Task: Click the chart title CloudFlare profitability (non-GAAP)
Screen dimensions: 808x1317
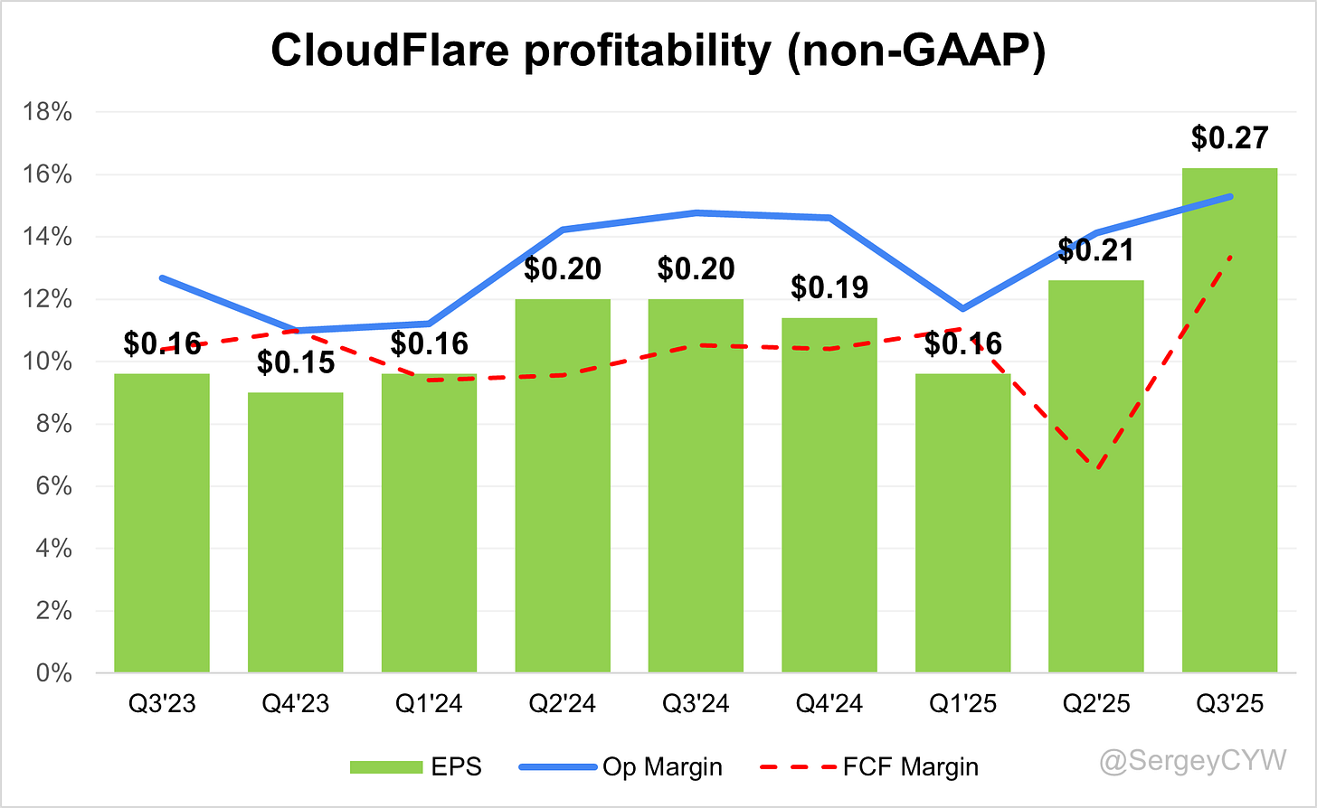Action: pyautogui.click(x=658, y=52)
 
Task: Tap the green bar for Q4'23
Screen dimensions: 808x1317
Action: pyautogui.click(x=295, y=532)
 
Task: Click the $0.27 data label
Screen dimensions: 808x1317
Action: pyautogui.click(x=1229, y=138)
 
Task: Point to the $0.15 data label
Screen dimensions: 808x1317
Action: pyautogui.click(x=295, y=362)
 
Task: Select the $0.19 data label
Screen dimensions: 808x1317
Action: pyautogui.click(x=829, y=287)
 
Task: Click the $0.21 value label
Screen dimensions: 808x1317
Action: pyautogui.click(x=1095, y=250)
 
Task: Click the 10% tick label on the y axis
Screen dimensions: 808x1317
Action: pyautogui.click(x=50, y=362)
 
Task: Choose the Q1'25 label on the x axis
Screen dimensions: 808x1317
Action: pyautogui.click(x=962, y=704)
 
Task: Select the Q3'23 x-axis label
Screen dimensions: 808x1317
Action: pyautogui.click(x=161, y=704)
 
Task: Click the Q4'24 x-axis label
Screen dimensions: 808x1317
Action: pyautogui.click(x=829, y=704)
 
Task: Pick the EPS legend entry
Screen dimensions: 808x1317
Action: pyautogui.click(x=416, y=767)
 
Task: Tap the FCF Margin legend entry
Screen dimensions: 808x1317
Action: pyautogui.click(x=877, y=767)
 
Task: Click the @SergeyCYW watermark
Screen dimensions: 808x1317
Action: pyautogui.click(x=1192, y=761)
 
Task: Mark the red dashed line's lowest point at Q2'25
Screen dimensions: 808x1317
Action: pyautogui.click(x=1096, y=468)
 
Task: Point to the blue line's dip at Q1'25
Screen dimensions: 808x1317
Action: pyautogui.click(x=963, y=309)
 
